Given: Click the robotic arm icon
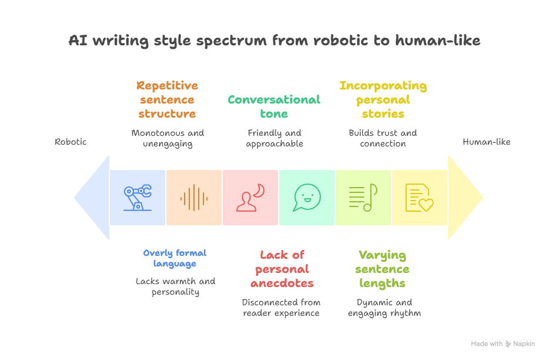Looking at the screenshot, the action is pos(138,197).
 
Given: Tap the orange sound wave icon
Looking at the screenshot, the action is pos(193,198).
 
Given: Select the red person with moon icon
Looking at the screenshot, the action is pos(250,197).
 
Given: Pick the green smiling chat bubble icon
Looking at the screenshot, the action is pos(307,197).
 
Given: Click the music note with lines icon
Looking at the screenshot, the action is pos(363,197).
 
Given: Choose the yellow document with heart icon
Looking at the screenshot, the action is pos(420,197).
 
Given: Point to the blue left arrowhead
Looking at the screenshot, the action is pos(92,197).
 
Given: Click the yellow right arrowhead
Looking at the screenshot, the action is pos(466,197).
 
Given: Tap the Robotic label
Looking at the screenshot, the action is pos(71,142).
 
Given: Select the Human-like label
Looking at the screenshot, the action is pos(486,142).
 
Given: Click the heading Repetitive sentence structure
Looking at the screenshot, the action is pos(167,99).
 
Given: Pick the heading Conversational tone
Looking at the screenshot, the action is pos(274,106).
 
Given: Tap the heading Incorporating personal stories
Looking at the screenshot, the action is pos(383,99).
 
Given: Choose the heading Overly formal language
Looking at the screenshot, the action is pos(175,258).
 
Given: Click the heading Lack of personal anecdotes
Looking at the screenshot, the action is pos(282,269).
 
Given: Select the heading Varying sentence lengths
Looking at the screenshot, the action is pos(382,269).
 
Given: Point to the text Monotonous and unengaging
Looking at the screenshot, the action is pos(168,138).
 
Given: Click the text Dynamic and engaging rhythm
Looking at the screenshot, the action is pos(384,308).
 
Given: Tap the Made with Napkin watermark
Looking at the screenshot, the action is pos(503,344).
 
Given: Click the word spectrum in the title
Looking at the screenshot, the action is pos(232,41).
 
